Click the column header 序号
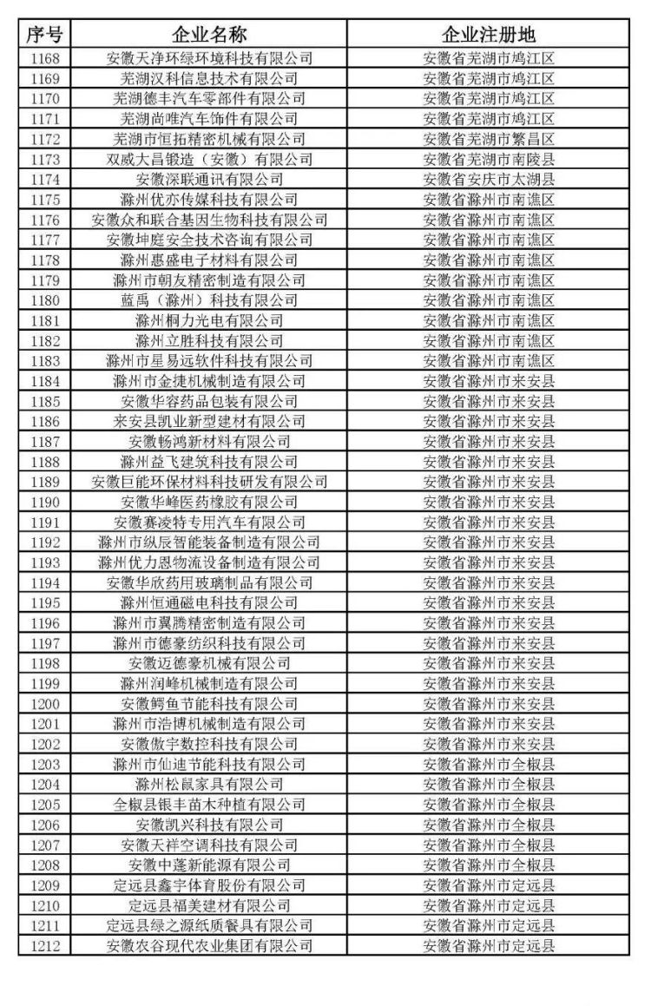(44, 36)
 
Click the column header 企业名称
(209, 36)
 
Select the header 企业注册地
(489, 36)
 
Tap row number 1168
(44, 58)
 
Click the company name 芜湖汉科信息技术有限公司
(209, 78)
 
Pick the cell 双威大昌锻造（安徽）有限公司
(209, 159)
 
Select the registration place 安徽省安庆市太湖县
(489, 179)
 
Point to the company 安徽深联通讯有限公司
(209, 179)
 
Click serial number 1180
(44, 299)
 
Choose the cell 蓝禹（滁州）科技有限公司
(209, 299)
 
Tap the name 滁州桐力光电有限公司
(209, 320)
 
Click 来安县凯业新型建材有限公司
(209, 421)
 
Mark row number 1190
(44, 502)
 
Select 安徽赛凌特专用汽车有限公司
(209, 522)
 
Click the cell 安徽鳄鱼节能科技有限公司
(209, 703)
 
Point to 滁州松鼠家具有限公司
(209, 784)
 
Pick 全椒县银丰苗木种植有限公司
(209, 804)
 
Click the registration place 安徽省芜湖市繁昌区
(489, 139)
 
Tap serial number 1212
(44, 945)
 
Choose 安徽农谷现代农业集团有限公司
(209, 945)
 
